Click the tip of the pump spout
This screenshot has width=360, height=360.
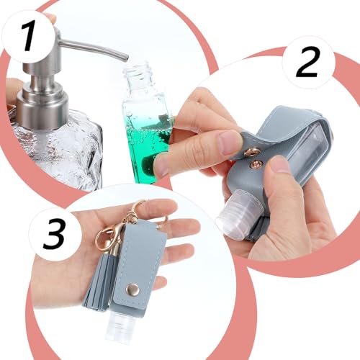click(126, 58)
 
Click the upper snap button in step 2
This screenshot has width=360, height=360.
click(253, 151)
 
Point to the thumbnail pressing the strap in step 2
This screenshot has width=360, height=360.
click(230, 143)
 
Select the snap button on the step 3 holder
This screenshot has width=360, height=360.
click(132, 289)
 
